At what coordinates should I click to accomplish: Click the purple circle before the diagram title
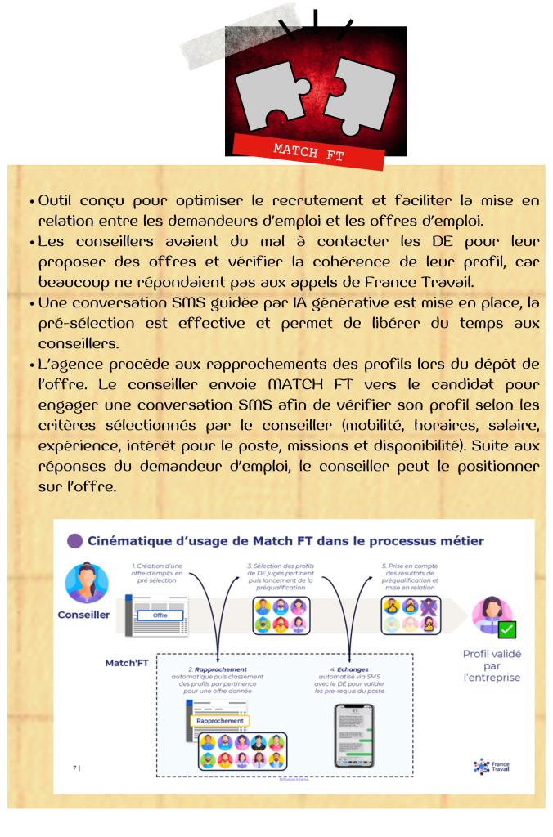(74, 540)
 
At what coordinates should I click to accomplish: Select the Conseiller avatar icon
(87, 583)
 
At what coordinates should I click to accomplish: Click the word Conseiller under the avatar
(83, 615)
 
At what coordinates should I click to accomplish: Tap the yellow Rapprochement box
(219, 720)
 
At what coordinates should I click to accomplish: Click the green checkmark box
(506, 629)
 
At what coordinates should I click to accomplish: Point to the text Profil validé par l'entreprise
(492, 665)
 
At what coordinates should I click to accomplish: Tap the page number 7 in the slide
(74, 767)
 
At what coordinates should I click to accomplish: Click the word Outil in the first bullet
(55, 200)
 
